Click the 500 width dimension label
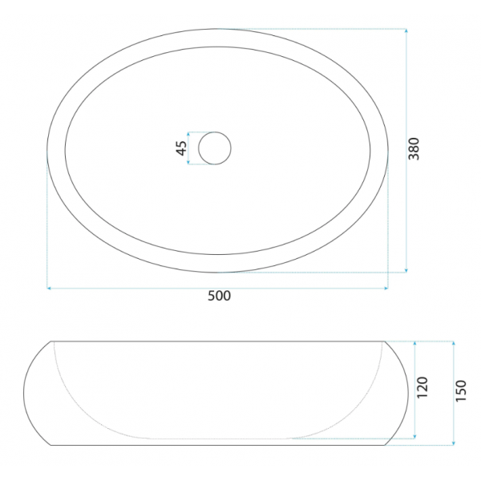[x=219, y=296]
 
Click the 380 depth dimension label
[x=414, y=149]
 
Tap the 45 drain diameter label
[x=181, y=148]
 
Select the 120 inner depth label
[x=422, y=387]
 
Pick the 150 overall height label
[x=461, y=390]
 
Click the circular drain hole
[x=215, y=148]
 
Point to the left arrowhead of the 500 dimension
[x=48, y=288]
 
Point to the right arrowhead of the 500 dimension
[x=386, y=288]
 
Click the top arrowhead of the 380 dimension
[x=406, y=30]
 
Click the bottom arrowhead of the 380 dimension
[x=406, y=270]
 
